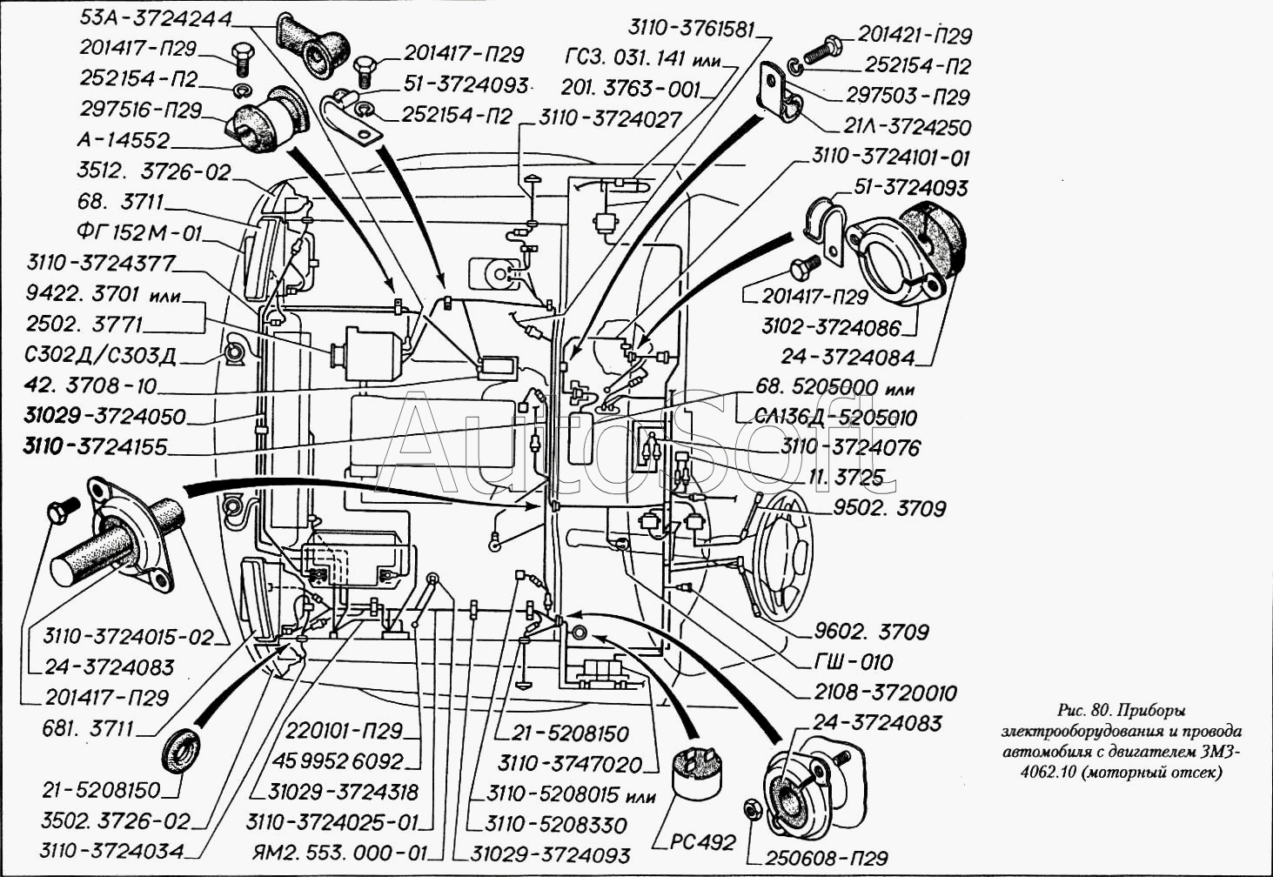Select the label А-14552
(x=123, y=140)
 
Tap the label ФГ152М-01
(x=139, y=233)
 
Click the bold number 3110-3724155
(x=95, y=446)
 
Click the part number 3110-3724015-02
(x=129, y=637)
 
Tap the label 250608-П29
(x=827, y=858)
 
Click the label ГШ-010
(x=853, y=662)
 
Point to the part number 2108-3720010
(x=885, y=693)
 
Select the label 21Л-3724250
(x=907, y=127)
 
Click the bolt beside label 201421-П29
(x=820, y=50)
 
